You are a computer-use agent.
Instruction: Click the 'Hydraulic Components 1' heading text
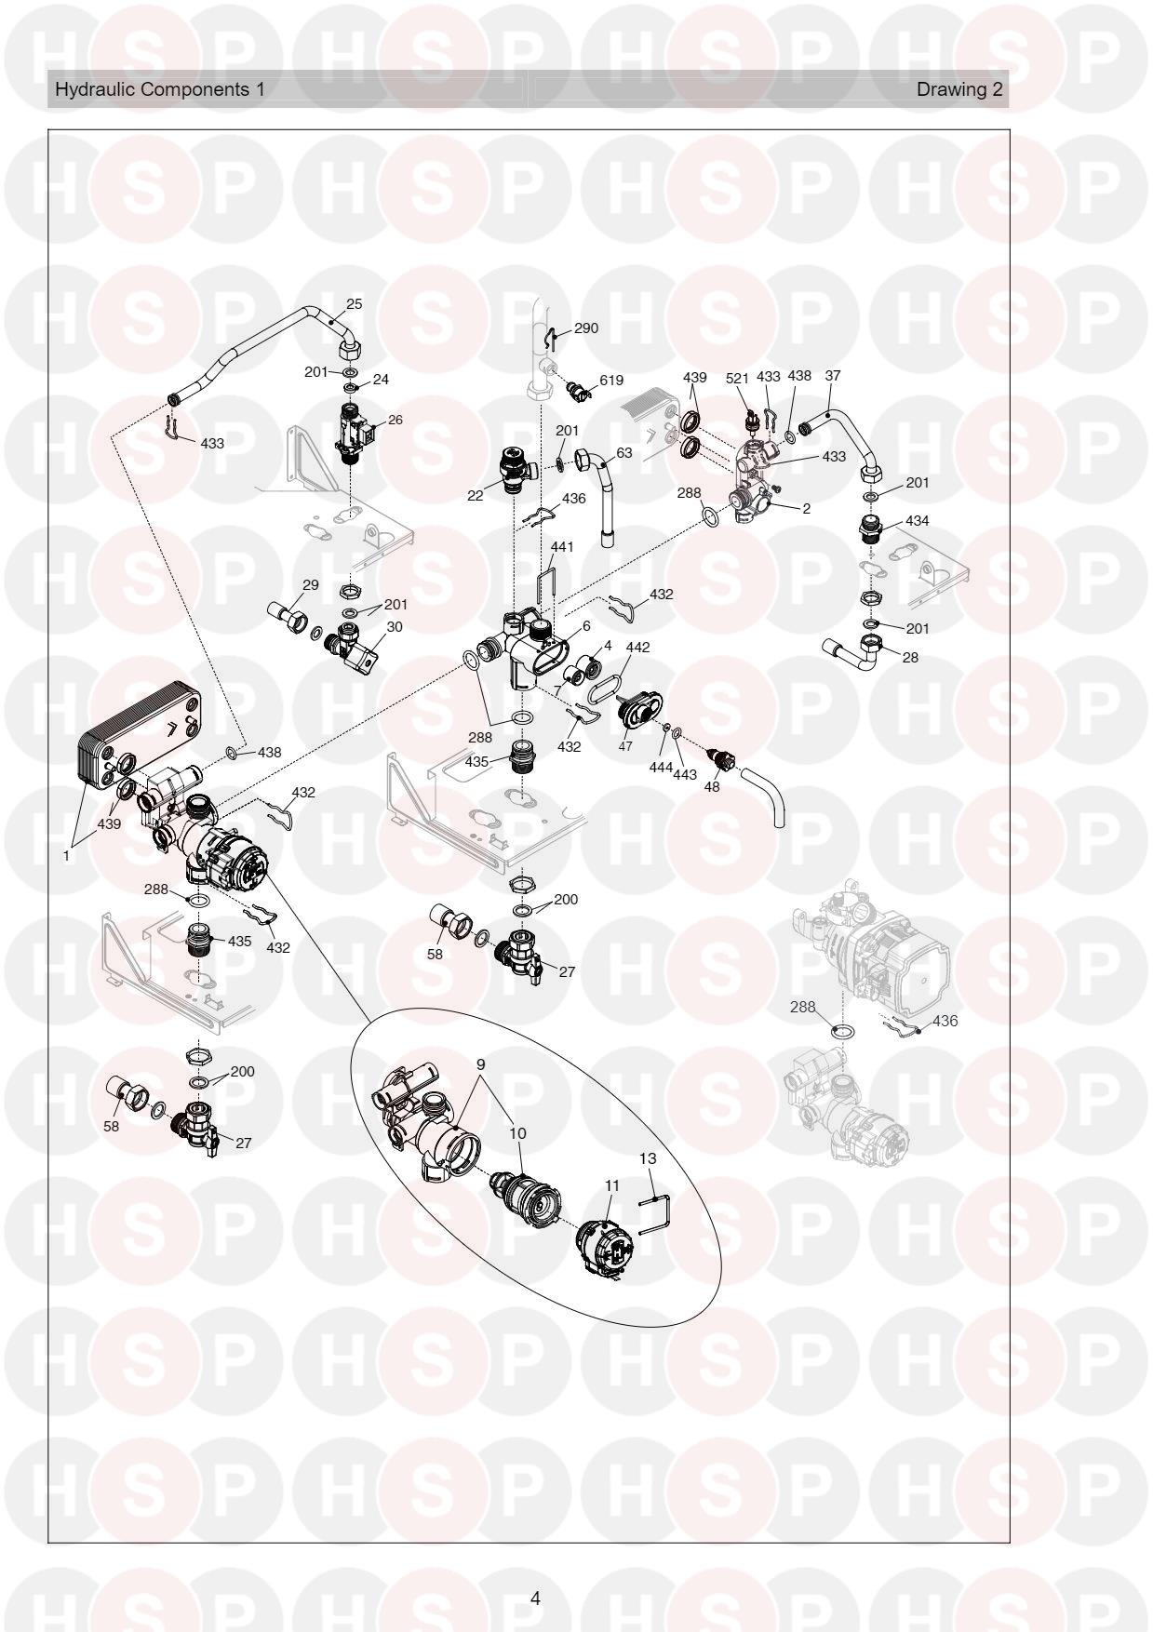[160, 89]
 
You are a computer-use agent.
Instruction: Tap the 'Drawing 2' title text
[959, 89]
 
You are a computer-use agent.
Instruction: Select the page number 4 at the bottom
[535, 1599]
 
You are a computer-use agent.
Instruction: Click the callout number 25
[355, 304]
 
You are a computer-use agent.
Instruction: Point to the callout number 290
[586, 328]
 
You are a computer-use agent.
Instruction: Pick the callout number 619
[611, 381]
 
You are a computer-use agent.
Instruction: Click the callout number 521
[737, 378]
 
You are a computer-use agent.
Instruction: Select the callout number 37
[833, 375]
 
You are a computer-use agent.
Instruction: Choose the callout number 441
[562, 546]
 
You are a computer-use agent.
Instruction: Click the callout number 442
[638, 647]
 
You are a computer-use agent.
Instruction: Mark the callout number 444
[662, 768]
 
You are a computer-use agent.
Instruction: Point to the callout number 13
[648, 1158]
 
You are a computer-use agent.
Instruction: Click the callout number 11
[611, 1185]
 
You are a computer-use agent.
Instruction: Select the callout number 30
[395, 627]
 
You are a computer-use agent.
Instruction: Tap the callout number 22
[476, 496]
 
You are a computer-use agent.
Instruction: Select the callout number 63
[623, 453]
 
